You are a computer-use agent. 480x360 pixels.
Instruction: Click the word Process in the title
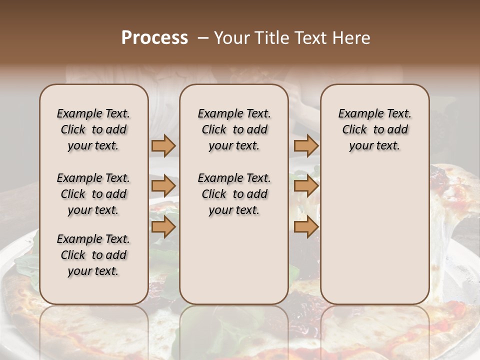click(154, 38)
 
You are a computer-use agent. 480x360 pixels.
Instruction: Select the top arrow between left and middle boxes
click(163, 145)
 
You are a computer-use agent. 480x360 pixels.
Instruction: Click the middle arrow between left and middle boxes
click(163, 186)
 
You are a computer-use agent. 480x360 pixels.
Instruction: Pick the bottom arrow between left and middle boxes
click(163, 227)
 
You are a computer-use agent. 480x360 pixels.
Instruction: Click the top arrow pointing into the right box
click(306, 145)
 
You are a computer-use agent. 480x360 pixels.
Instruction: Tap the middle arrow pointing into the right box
click(306, 186)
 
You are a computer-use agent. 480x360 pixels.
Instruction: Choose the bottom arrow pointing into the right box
click(306, 227)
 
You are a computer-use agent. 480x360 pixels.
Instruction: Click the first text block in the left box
click(93, 129)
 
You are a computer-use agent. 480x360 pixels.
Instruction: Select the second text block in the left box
click(93, 194)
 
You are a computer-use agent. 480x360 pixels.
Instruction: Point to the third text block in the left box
click(93, 255)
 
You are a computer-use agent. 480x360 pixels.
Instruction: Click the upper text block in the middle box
click(234, 129)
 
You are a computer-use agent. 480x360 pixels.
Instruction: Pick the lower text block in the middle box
click(234, 194)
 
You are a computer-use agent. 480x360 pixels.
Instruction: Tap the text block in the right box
click(374, 129)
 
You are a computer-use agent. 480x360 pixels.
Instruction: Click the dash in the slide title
click(203, 38)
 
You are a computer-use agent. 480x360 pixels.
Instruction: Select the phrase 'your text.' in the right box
click(374, 145)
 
